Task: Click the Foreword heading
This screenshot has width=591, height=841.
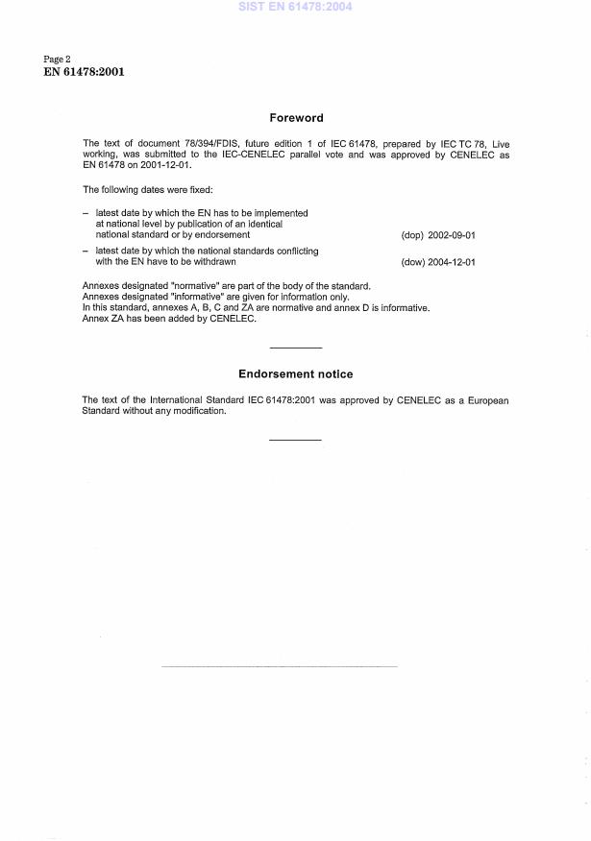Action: point(295,118)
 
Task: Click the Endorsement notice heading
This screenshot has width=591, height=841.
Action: point(295,373)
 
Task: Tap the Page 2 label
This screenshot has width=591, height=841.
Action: point(58,60)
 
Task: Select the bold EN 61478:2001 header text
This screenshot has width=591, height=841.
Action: point(84,72)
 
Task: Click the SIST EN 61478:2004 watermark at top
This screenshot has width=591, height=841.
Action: point(295,7)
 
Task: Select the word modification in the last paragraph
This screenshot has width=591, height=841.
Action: point(198,411)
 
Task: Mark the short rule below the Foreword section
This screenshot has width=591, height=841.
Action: point(295,347)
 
